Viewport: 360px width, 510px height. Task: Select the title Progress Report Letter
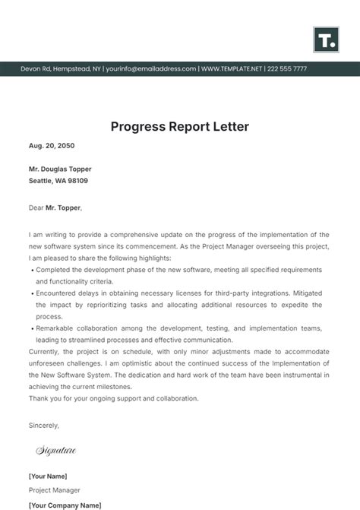click(180, 126)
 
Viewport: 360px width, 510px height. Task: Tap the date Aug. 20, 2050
click(52, 145)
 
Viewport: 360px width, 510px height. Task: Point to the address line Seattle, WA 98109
click(58, 181)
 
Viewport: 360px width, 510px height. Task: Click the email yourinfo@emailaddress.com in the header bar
click(151, 68)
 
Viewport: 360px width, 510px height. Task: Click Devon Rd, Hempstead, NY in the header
click(60, 68)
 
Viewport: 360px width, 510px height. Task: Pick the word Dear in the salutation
click(36, 207)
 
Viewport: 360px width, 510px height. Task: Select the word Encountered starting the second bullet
click(58, 292)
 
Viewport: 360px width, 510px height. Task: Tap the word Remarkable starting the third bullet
click(56, 328)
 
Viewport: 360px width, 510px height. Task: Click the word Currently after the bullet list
click(46, 351)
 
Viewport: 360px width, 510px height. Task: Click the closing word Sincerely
click(43, 425)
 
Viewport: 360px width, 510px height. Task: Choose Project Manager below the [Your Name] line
click(55, 490)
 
